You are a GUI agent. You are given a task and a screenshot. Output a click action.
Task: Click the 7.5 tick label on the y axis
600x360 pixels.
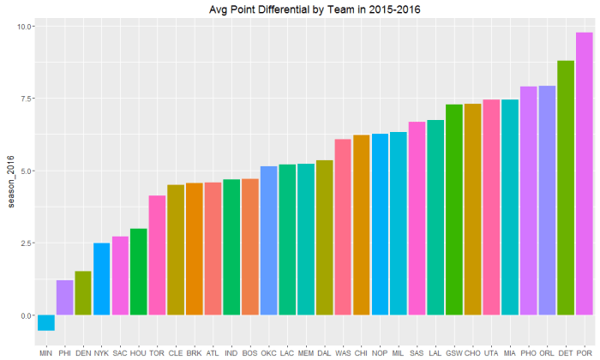pos(25,99)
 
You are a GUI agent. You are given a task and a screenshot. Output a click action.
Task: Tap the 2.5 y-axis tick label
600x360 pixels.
pos(25,243)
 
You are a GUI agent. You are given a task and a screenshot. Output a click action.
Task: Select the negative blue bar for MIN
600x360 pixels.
pos(46,323)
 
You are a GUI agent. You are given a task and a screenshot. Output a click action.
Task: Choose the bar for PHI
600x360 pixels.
pos(65,297)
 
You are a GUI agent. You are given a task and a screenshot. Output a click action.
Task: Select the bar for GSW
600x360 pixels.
pos(454,210)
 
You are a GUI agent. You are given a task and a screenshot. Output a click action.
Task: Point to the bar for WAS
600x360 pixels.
pos(343,227)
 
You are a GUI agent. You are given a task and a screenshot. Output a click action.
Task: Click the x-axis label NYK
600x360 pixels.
pos(102,352)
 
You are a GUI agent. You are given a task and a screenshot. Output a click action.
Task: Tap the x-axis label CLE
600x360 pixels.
pos(176,352)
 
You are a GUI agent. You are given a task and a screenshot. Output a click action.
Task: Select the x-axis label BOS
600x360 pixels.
pos(250,352)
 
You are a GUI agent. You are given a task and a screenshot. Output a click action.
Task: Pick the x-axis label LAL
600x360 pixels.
pos(435,352)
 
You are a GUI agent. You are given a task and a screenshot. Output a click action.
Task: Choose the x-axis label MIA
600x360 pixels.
pos(510,352)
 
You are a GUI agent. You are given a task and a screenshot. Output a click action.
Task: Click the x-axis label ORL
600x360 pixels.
pos(547,352)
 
